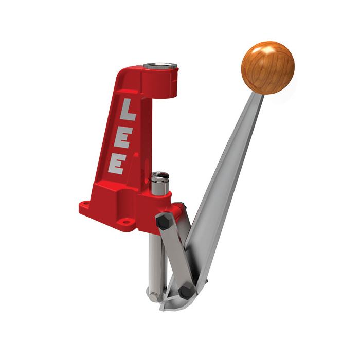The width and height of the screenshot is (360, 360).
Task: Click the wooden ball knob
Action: point(267,67)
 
